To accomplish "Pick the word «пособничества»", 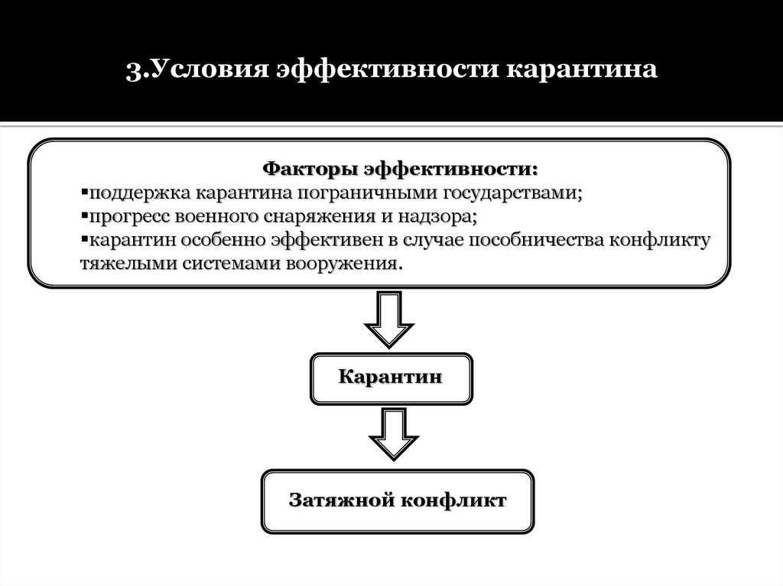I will (x=532, y=241).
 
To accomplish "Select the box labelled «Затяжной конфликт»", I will (x=398, y=501).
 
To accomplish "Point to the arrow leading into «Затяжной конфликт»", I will (x=393, y=434).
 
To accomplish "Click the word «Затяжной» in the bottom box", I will (x=337, y=501).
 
